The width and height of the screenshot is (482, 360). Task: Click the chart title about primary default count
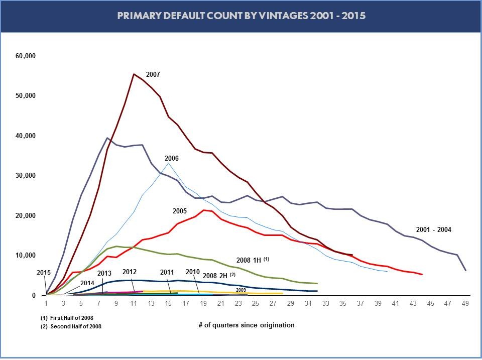(241, 16)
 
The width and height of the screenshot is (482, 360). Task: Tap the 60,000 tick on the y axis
(26, 56)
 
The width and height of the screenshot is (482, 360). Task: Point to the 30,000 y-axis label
(26, 176)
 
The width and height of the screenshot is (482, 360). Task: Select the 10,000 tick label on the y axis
(26, 256)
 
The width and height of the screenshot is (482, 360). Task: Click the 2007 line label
(153, 75)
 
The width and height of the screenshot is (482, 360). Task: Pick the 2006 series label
(172, 158)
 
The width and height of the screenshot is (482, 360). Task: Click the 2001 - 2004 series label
(434, 229)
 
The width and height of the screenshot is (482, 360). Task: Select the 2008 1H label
(250, 260)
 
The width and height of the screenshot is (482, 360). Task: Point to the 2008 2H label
(216, 276)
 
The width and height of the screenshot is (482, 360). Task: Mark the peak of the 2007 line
(134, 74)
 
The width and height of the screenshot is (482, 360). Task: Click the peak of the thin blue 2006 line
(169, 163)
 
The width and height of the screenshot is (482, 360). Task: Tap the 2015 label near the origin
(44, 273)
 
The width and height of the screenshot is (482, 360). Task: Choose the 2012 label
(130, 272)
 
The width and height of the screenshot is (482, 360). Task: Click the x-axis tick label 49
(465, 304)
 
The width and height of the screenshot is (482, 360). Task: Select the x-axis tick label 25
(256, 304)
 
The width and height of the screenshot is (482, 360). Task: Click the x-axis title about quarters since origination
(247, 325)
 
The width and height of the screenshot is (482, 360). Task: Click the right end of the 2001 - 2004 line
(465, 270)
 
